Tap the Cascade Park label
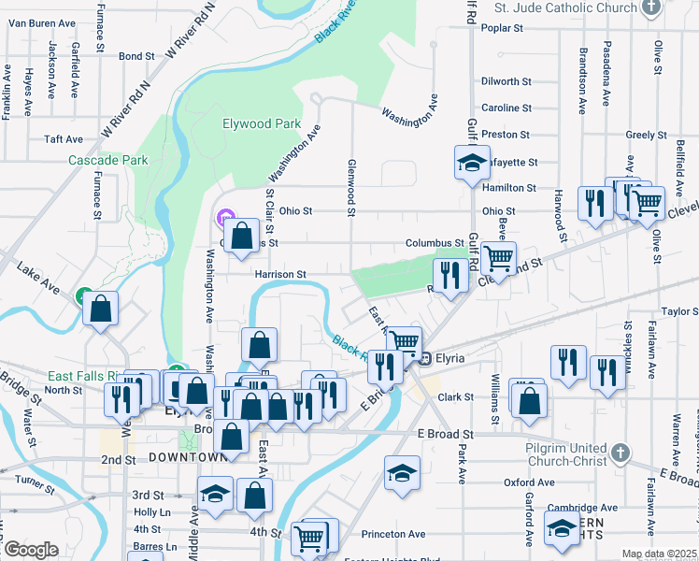[x=108, y=160]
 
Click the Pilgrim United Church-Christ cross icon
[x=621, y=454]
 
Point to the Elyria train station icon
[x=423, y=358]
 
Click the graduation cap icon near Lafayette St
[x=472, y=163]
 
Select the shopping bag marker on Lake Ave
[x=101, y=308]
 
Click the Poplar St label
[x=502, y=28]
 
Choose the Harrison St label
[x=280, y=275]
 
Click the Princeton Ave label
[x=396, y=534]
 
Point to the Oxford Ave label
[x=523, y=482]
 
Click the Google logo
[x=30, y=550]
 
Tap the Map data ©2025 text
[x=658, y=554]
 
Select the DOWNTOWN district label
[x=187, y=457]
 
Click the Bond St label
[x=136, y=56]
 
